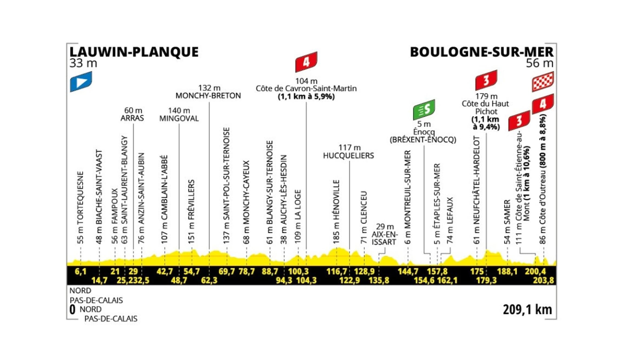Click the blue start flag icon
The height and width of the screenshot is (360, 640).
point(81,82)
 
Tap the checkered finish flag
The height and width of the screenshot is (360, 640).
point(543,82)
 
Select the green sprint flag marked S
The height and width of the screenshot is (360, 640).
point(424,110)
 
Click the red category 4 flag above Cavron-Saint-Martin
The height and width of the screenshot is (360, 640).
point(306,62)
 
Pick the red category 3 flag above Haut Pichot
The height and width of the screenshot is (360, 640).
point(486,80)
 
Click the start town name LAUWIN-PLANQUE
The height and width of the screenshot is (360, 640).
point(134,52)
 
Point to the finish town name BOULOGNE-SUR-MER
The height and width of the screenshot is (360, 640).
point(482,52)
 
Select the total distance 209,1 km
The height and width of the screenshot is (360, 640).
point(527,310)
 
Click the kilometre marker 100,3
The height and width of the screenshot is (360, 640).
point(298,271)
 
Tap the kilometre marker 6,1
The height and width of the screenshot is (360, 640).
point(80,271)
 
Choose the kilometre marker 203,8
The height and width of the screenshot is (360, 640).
point(543,280)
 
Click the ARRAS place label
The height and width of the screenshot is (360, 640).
point(132,118)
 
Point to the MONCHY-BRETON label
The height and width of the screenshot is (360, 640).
point(208,96)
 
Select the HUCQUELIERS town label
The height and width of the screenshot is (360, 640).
point(348,156)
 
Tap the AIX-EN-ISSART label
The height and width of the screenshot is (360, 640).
point(384,238)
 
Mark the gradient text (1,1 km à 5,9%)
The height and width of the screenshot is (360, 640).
point(306,97)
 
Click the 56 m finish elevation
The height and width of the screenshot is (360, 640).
point(540,63)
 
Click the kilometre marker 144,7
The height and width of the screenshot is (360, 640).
point(408,271)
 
